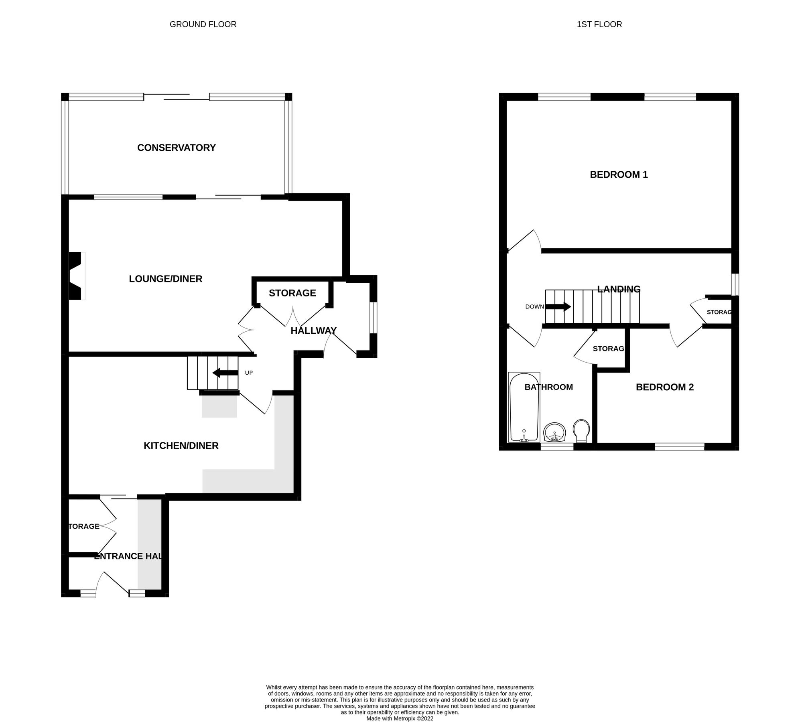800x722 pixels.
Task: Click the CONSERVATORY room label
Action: pos(176,148)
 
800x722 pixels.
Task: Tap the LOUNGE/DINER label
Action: pos(165,279)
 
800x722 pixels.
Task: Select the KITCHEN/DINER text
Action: pos(181,446)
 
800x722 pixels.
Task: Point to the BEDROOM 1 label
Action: pos(619,174)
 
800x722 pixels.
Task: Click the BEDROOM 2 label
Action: pos(664,387)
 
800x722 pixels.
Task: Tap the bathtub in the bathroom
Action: pos(524,407)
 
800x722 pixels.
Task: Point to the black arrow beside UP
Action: pos(225,373)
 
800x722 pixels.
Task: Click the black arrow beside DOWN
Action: pos(558,307)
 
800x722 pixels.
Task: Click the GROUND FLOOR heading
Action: pos(203,24)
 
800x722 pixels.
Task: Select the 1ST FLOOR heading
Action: pos(599,24)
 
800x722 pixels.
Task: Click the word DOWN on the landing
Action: pos(534,307)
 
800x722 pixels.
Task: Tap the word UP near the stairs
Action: pos(249,373)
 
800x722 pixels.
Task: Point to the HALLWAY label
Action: pos(313,331)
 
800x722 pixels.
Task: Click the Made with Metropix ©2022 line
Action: pos(400,707)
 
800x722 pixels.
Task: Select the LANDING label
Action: pos(619,289)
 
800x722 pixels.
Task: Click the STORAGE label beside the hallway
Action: pos(292,293)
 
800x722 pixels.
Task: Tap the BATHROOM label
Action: pos(548,387)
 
